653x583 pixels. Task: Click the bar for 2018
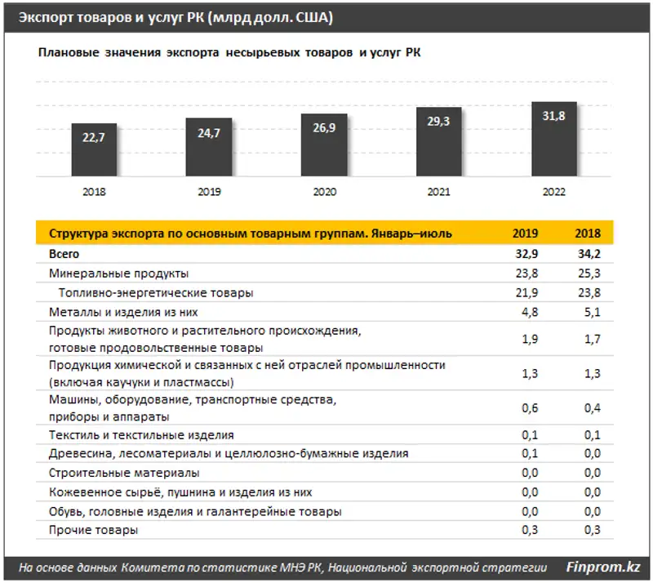click(94, 150)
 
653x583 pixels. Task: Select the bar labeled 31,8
click(554, 139)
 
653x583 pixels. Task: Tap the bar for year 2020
click(324, 145)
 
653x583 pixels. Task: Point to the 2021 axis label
click(439, 193)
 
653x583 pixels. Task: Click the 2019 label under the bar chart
click(209, 193)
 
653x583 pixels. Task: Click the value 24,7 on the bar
click(209, 133)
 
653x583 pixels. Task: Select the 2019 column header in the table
click(524, 234)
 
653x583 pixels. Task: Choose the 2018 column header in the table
click(587, 234)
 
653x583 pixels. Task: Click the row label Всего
click(64, 255)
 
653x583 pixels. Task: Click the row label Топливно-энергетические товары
click(155, 292)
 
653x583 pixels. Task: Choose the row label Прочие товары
click(93, 530)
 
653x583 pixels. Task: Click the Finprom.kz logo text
click(602, 566)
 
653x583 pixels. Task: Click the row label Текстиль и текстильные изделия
click(141, 435)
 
